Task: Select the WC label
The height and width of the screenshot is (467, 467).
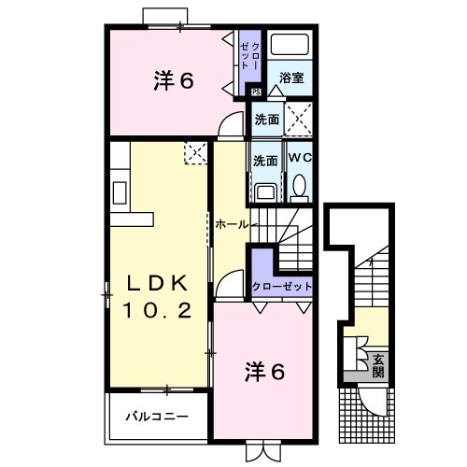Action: (x=300, y=158)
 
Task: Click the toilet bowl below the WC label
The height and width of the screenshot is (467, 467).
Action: (x=299, y=190)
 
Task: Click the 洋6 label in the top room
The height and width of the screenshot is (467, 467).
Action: (x=173, y=80)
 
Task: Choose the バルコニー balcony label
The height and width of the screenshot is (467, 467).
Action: (x=158, y=417)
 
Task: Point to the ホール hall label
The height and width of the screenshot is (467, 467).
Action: (x=232, y=224)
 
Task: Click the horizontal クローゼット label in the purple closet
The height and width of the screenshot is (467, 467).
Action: (x=280, y=286)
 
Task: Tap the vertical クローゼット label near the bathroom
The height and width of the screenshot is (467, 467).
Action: (x=246, y=57)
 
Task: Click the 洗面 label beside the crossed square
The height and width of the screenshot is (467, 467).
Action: (x=266, y=120)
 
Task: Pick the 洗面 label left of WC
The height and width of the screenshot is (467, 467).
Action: (x=265, y=160)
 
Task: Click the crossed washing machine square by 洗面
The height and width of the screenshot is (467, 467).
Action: (x=300, y=120)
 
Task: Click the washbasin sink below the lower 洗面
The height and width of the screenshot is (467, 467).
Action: (x=264, y=192)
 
